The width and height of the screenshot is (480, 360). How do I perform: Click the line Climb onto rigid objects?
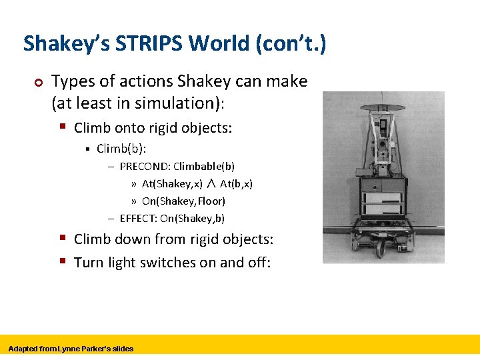click(153, 127)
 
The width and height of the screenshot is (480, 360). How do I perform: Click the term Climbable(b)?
click(204, 166)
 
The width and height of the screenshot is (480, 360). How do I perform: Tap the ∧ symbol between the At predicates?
click(211, 183)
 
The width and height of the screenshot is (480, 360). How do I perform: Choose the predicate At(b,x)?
click(236, 183)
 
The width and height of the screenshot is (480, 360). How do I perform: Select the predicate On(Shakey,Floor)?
click(183, 201)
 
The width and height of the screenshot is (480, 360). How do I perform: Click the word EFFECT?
click(138, 218)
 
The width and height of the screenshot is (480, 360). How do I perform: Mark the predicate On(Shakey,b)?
click(192, 218)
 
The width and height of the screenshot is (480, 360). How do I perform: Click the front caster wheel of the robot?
click(381, 249)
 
